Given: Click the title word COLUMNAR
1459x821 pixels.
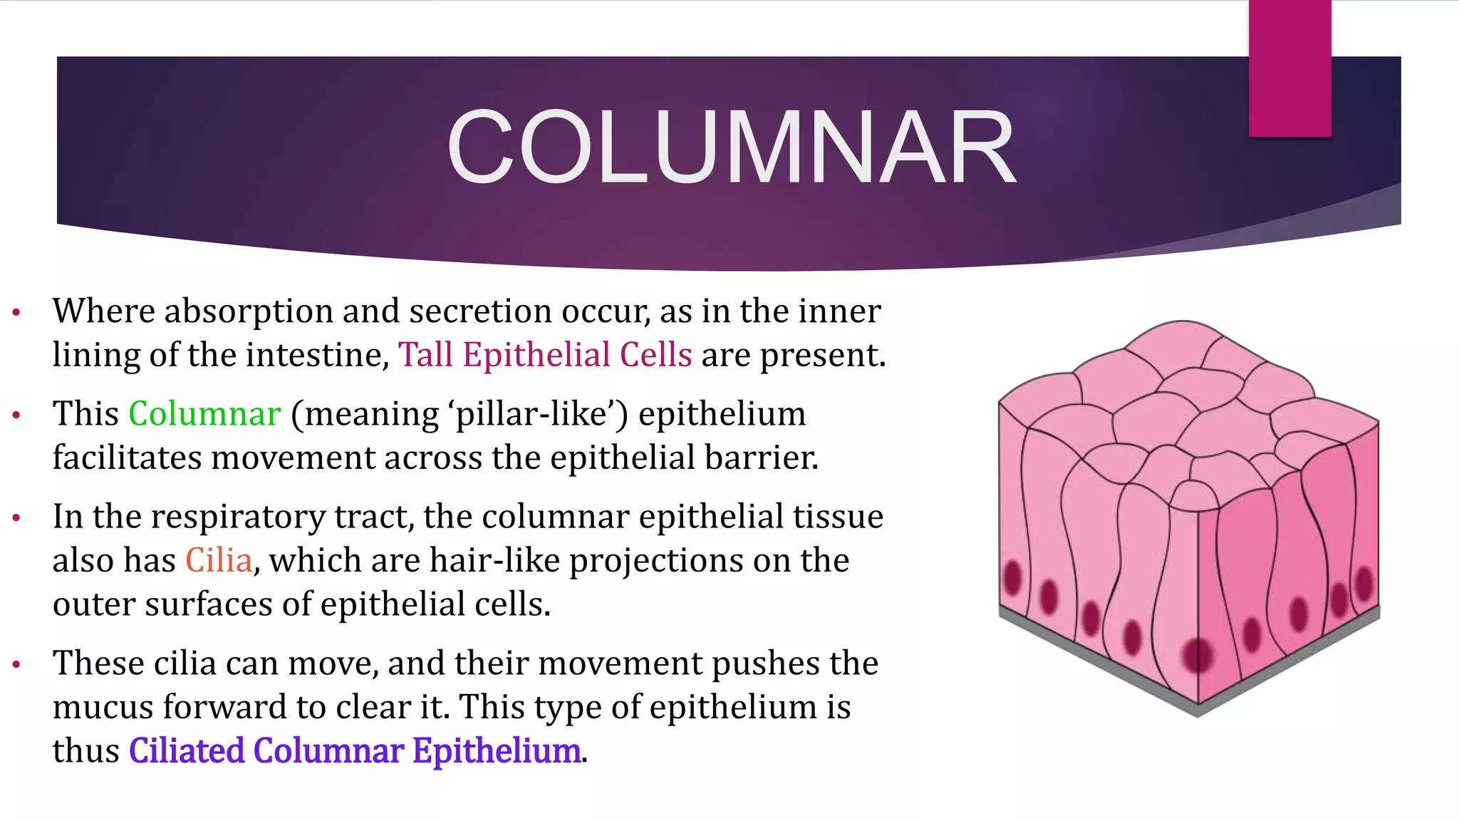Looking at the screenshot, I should pos(731,148).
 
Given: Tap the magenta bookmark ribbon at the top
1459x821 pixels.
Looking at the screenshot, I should pos(1289,68).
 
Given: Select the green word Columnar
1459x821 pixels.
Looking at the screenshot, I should pos(204,414).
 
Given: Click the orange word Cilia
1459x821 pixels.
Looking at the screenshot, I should pos(219,560).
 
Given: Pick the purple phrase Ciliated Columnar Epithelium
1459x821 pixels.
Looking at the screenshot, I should pos(355,751).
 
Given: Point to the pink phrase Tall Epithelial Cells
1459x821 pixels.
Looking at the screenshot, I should pos(545,355).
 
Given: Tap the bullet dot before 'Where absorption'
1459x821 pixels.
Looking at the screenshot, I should pos(16,312).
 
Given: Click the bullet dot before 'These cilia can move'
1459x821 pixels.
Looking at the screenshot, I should pos(16,664).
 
